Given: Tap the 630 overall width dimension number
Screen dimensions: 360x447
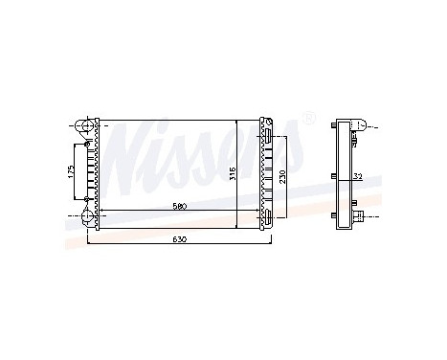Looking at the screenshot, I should [x=179, y=238].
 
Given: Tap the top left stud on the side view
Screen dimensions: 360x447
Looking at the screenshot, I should [x=329, y=126].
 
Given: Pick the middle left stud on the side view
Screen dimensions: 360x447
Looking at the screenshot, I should [x=329, y=177].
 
